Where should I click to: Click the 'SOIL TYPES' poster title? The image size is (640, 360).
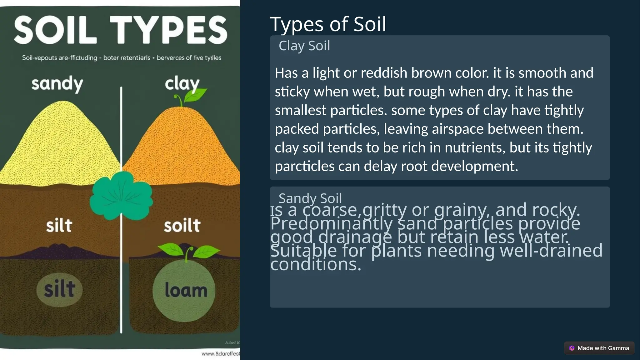point(120,30)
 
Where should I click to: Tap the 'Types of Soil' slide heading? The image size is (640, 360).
point(328,24)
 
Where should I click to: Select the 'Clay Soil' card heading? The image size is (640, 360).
point(304,46)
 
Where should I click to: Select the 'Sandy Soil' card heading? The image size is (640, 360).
point(310,198)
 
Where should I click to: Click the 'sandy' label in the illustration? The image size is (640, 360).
point(57,84)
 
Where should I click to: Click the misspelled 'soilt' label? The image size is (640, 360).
point(182,226)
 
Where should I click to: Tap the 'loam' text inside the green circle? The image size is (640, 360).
point(186,290)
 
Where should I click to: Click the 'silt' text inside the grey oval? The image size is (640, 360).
point(59,289)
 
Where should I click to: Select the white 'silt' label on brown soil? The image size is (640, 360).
point(59,226)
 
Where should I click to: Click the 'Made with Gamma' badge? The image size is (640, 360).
point(599,348)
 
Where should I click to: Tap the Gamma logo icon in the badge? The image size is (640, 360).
point(572,348)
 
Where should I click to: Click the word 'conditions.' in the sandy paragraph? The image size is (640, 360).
point(316,264)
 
